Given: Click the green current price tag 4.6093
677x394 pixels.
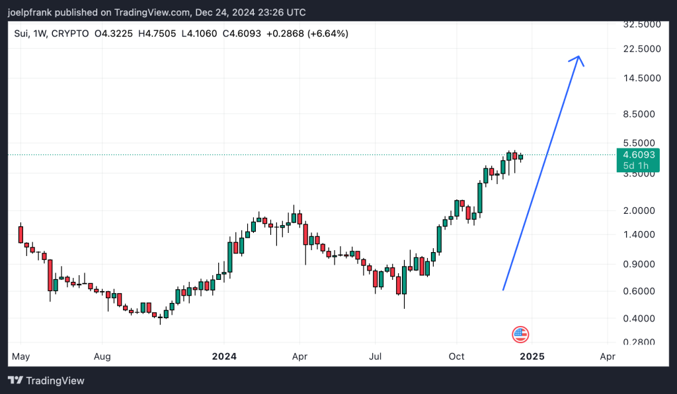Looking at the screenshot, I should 639,154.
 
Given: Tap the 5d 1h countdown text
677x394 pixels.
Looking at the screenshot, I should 633,166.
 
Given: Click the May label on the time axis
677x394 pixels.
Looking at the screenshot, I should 20,356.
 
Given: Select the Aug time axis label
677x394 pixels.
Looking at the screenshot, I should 102,356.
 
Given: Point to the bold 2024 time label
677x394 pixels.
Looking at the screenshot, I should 224,356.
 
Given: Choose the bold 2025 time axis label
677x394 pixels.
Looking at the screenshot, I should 532,356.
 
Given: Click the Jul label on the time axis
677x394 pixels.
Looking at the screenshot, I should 375,356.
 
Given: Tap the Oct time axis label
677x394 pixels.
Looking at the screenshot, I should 457,356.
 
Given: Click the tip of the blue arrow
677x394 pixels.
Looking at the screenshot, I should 579,56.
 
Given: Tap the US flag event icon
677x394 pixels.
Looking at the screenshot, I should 520,335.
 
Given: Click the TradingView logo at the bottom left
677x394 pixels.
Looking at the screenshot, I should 46,381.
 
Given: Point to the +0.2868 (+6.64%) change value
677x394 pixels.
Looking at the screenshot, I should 307,33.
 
